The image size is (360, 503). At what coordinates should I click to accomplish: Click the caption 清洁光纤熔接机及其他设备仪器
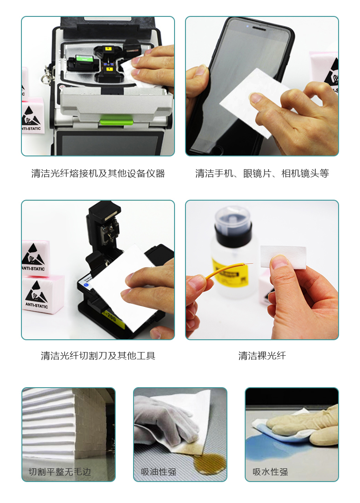pos(98,174)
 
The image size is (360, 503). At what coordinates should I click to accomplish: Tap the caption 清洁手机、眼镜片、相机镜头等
pos(262,174)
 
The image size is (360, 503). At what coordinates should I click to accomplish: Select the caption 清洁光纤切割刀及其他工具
pos(98,356)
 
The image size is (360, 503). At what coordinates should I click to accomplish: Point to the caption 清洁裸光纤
pos(262,356)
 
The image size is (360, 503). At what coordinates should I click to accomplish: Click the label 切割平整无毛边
pos(60,472)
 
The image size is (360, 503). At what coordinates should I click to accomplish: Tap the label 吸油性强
pos(159,472)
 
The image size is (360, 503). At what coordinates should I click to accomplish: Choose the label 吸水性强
pos(270,472)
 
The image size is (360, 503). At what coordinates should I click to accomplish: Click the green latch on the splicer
pos(116,121)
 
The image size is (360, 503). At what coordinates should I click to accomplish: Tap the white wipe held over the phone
pos(253,102)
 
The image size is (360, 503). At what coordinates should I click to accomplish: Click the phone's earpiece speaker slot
pos(259,28)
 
